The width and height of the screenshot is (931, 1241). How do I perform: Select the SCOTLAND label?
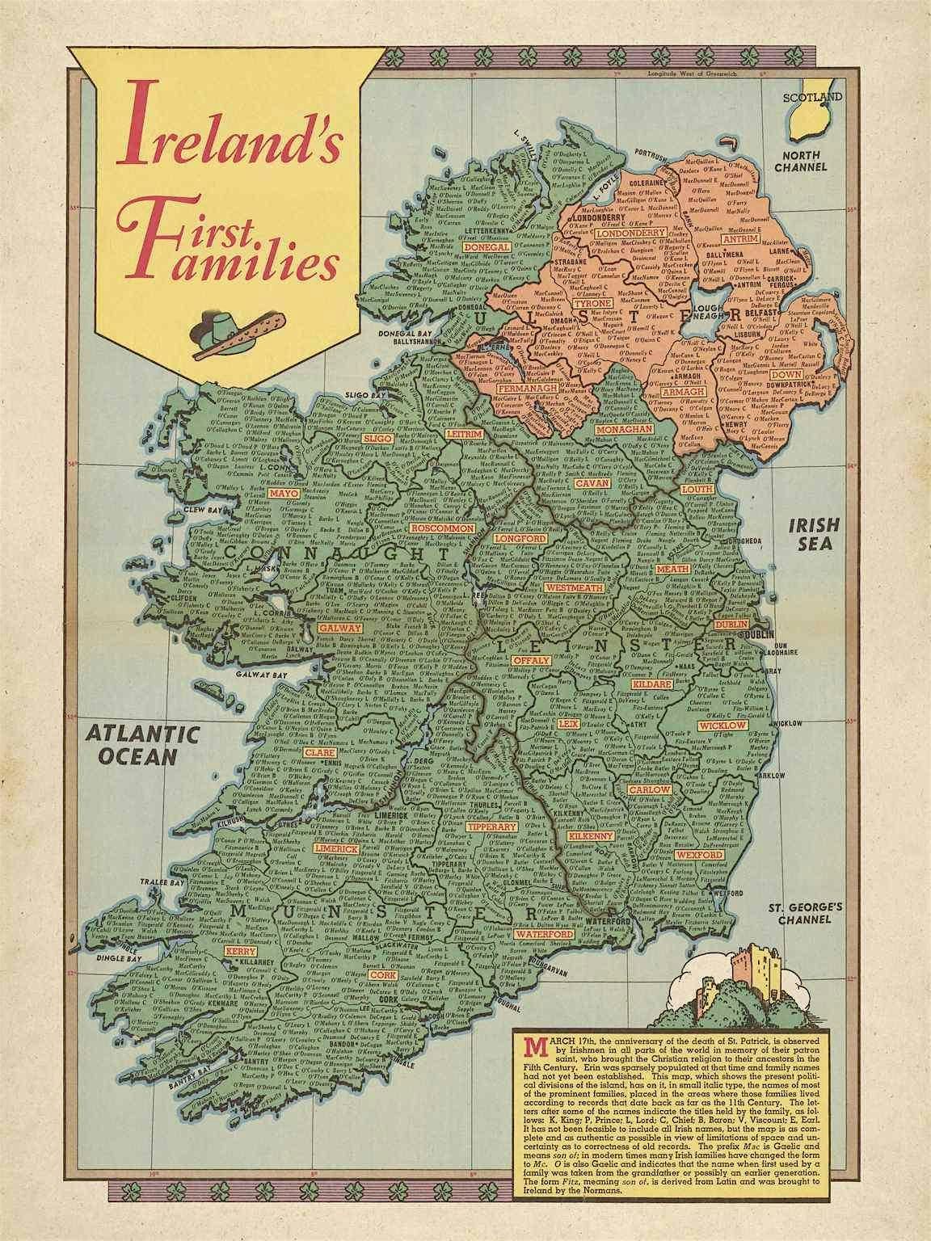(811, 97)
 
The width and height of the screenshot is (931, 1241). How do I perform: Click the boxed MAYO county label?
(284, 493)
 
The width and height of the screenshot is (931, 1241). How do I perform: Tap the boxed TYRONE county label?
(592, 304)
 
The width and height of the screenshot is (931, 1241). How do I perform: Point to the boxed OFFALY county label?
(530, 660)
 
